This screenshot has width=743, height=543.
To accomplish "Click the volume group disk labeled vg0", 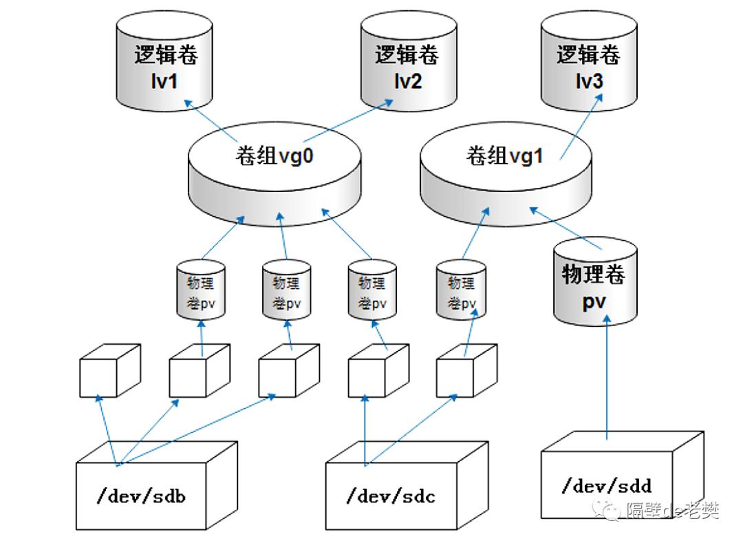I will click(274, 175).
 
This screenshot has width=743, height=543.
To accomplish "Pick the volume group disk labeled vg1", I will click(505, 175).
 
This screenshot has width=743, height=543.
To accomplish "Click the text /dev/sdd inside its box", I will click(606, 487).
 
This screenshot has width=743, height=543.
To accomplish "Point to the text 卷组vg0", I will click(274, 156).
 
